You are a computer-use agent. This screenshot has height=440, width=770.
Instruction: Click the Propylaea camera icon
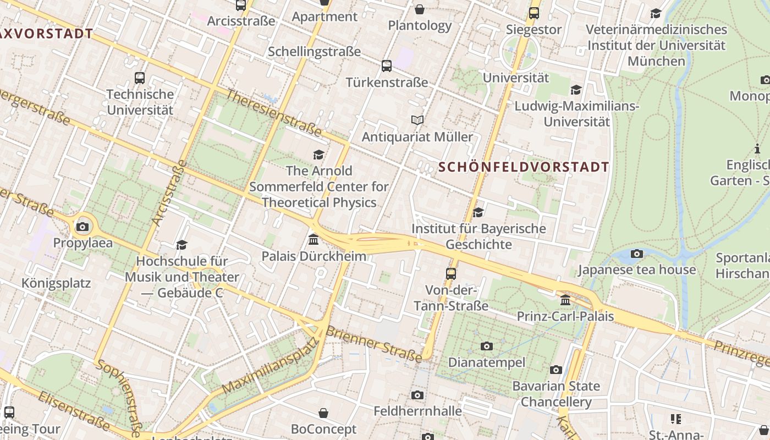(82, 227)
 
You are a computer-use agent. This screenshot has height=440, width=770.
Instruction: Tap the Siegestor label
(533, 29)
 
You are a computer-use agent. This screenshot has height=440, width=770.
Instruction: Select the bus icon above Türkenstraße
(387, 66)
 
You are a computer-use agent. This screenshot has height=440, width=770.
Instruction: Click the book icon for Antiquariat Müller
(417, 120)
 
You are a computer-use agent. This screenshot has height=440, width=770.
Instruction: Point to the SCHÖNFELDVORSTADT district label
(524, 167)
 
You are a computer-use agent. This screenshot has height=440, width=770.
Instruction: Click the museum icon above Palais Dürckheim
(313, 240)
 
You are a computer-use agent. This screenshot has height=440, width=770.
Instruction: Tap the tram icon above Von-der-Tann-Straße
(451, 273)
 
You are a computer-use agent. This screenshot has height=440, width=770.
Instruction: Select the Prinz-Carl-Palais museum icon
(565, 300)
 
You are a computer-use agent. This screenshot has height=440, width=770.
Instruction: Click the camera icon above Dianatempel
(486, 346)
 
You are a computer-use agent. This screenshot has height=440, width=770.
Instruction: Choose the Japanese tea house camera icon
(637, 254)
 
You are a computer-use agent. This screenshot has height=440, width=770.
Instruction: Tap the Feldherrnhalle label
(417, 411)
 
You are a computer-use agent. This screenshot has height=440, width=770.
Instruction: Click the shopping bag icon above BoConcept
(324, 413)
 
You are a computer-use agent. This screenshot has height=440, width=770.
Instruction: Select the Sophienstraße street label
(120, 394)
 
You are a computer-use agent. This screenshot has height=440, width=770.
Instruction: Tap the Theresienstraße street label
(273, 113)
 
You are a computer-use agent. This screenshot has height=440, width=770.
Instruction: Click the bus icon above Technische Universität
(140, 78)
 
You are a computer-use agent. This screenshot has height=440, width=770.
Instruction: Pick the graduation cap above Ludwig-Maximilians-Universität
(576, 90)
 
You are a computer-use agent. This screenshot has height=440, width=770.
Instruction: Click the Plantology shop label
(420, 25)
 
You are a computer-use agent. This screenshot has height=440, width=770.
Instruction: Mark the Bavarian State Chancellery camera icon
(556, 370)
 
